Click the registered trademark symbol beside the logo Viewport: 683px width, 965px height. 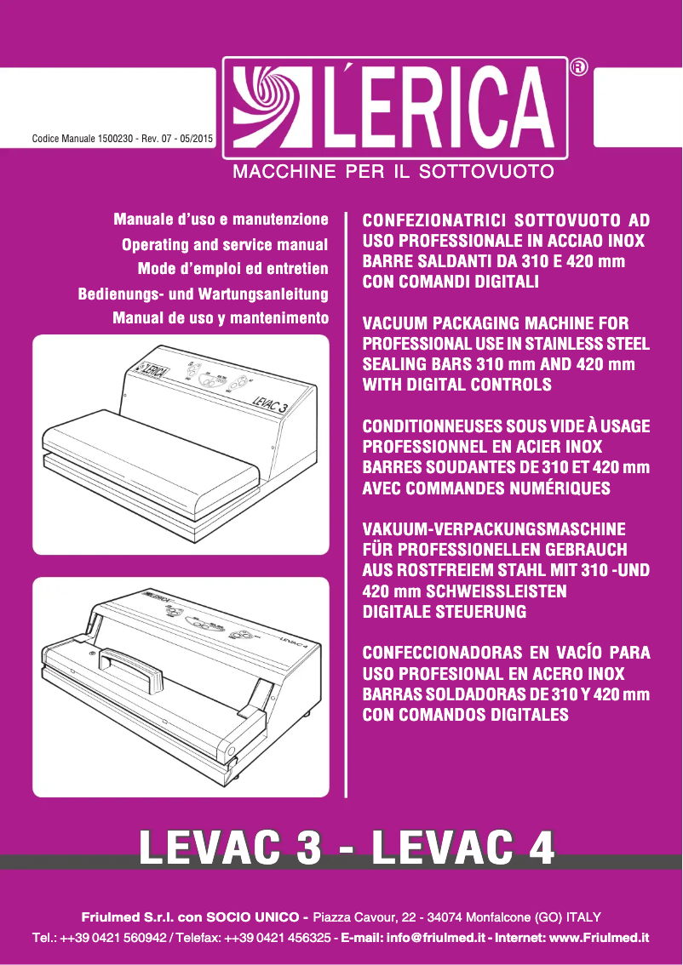coord(579,67)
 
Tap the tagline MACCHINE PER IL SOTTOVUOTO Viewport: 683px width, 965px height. coord(394,172)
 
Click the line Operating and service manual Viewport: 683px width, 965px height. coord(225,245)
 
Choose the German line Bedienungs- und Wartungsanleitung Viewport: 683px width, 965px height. coord(204,294)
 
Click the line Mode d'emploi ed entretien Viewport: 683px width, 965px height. coord(232,270)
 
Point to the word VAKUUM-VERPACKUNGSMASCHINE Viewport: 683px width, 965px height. coord(494,529)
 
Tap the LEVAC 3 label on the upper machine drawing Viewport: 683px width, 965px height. coord(271,399)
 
